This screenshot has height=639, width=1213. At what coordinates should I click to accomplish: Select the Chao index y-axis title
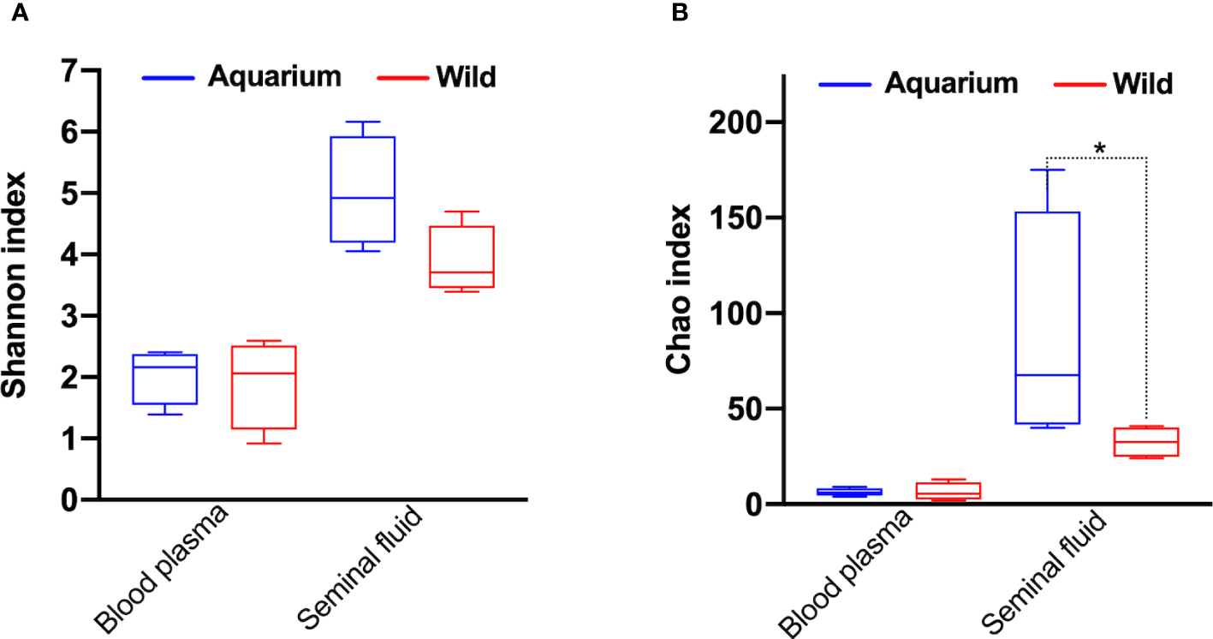[x=681, y=290]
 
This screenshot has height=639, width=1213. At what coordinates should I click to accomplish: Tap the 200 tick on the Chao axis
[x=738, y=122]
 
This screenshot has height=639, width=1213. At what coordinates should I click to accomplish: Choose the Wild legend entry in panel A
[x=465, y=77]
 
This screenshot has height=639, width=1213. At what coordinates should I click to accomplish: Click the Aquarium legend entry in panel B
[x=950, y=83]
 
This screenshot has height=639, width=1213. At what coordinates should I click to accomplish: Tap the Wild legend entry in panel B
[x=1143, y=84]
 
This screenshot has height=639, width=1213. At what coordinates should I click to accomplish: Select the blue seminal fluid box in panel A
[x=364, y=189]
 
